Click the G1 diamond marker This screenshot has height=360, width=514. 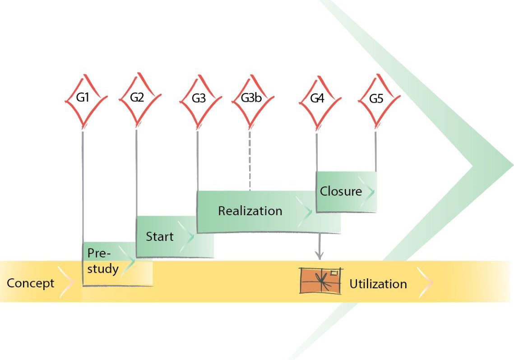[x=83, y=99]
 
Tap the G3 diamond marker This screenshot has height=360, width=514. [x=199, y=99]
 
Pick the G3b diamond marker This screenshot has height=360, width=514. [x=250, y=99]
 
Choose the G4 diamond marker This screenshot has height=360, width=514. [x=317, y=99]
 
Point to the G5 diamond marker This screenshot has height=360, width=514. [x=376, y=99]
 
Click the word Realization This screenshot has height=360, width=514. [x=250, y=211]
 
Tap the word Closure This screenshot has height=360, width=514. [x=341, y=191]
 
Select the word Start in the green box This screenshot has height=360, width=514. [x=159, y=237]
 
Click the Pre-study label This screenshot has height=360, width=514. [x=103, y=261]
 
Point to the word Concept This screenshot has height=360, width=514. [x=30, y=284]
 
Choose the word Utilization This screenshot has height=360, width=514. [x=378, y=284]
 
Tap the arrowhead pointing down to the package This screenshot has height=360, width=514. [x=320, y=256]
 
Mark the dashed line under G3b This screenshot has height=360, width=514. [x=250, y=160]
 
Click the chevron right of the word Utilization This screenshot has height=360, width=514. [x=425, y=283]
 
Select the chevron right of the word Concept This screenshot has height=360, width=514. [x=66, y=283]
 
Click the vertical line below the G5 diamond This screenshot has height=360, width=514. [x=375, y=149]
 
